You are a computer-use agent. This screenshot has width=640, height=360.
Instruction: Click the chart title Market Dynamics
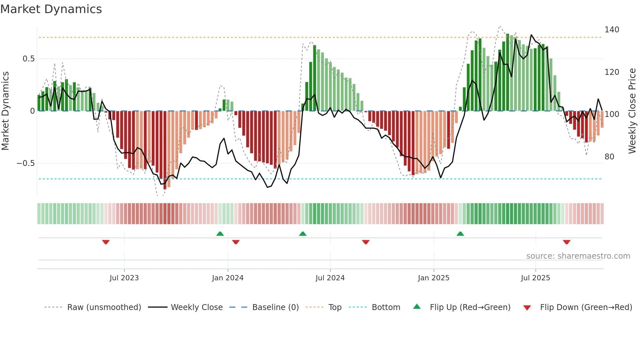[x=51, y=9]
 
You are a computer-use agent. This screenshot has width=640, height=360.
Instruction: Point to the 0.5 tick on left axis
[x=28, y=59]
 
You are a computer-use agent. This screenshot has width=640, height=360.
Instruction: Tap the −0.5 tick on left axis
[x=26, y=163]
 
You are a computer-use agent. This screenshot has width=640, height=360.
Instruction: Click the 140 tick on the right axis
[x=612, y=30]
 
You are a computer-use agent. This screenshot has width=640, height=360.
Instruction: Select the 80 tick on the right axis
[x=609, y=157]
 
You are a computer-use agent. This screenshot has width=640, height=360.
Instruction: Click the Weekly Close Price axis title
[x=632, y=111]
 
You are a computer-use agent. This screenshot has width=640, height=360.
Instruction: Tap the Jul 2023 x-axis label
[x=124, y=278]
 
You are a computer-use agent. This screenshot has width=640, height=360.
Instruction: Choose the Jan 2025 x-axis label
[x=434, y=278]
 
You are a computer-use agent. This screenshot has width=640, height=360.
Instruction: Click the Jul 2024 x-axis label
[x=330, y=278]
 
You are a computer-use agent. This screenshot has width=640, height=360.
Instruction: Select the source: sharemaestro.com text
[x=578, y=256]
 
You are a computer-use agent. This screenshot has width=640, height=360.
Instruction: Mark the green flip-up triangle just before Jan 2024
[x=220, y=234]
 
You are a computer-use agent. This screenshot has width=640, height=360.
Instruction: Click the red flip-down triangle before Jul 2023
[x=106, y=242]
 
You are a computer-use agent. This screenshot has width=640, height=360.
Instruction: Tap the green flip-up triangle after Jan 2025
[x=460, y=234]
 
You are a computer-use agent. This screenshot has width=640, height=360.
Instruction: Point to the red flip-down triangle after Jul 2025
[x=567, y=242]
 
